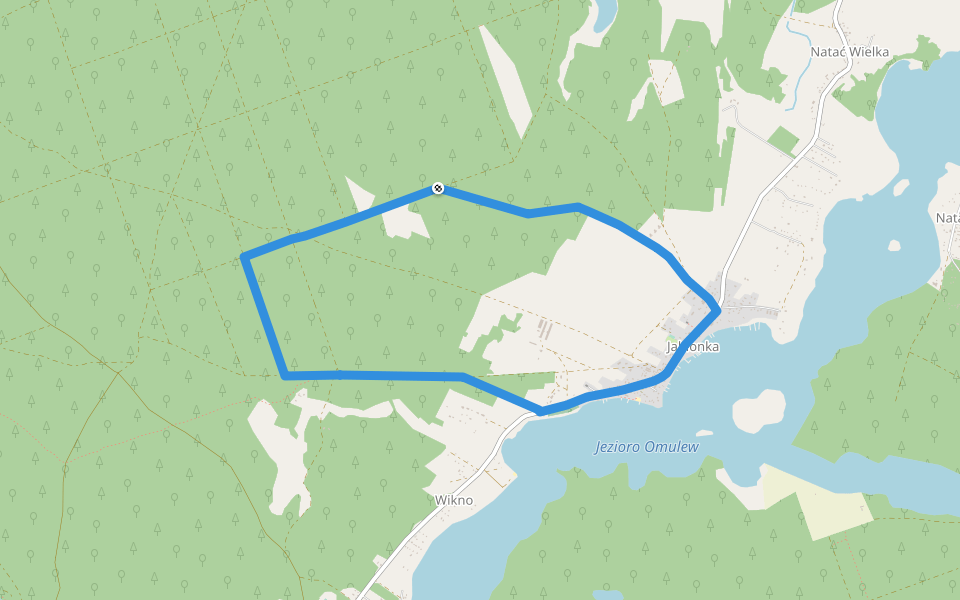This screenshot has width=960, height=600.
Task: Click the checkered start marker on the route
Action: pos(438,188)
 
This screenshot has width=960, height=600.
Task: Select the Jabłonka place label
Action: pos(692,347)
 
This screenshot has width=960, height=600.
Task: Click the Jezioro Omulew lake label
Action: pos(645,447)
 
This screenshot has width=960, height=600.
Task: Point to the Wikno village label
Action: pos(454,500)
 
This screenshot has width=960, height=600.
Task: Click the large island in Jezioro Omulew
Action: pos(759,410)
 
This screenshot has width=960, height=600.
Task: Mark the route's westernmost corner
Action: pos(245,258)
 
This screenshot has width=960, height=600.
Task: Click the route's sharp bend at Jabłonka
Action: pos(717,310)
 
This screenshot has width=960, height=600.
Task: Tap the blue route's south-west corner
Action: pos(286,376)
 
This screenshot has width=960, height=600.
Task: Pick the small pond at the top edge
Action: pos(604,14)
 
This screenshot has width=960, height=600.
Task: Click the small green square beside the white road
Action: pos(783,140)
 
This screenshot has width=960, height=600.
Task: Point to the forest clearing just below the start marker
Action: pos(404,219)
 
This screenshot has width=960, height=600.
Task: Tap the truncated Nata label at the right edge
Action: pos(946,217)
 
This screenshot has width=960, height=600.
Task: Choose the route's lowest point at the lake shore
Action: pos(541,411)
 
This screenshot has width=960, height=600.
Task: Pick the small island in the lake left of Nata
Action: pos(901,187)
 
